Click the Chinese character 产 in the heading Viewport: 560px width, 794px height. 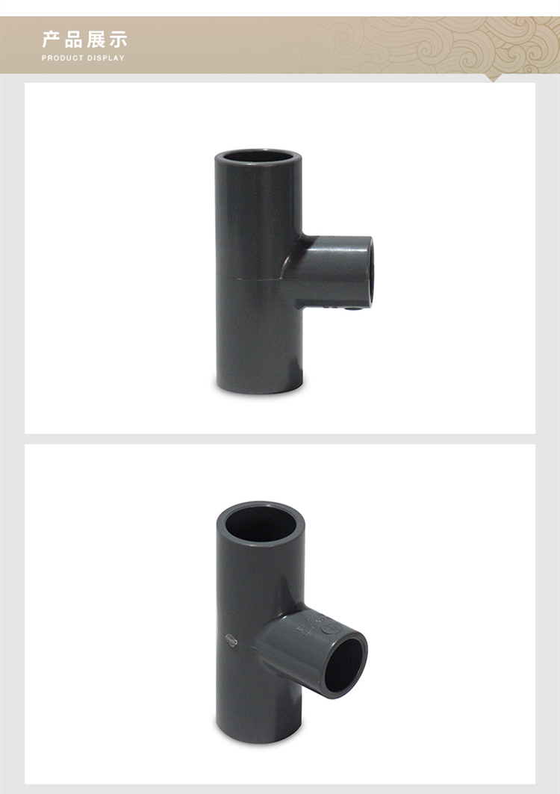pos(50,40)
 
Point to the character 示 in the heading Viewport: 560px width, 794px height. pos(118,40)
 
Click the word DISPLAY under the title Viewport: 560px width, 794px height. pos(106,58)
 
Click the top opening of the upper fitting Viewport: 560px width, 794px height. pos(258,157)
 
